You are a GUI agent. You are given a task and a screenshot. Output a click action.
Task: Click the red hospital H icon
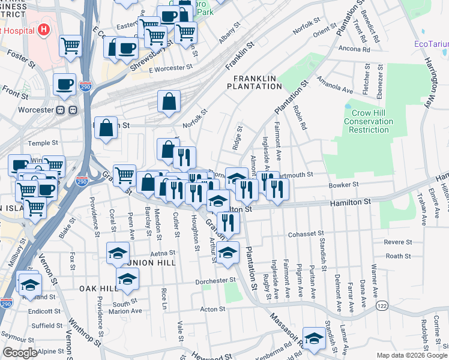point(43,29)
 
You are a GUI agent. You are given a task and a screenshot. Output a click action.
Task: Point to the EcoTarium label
point(431,44)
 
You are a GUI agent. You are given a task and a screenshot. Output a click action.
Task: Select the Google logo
point(20,353)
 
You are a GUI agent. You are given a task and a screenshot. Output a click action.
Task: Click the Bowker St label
point(343,185)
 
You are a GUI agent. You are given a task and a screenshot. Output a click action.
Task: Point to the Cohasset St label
point(306,234)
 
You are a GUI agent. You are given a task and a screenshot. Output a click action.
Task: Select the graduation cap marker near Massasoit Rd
point(313,338)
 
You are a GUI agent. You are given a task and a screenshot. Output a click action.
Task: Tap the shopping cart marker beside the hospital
point(71,45)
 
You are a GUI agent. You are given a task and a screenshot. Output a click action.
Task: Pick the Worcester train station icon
point(65,110)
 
